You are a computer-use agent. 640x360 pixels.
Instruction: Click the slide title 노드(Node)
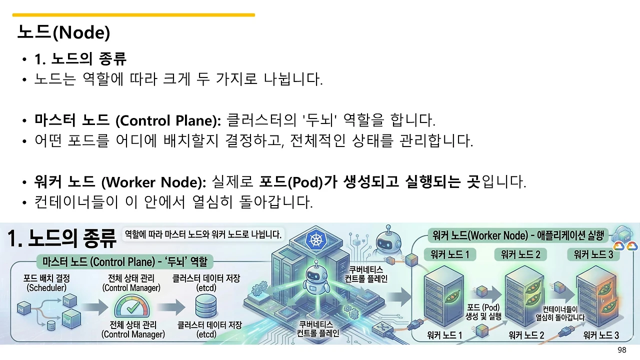click(x=63, y=32)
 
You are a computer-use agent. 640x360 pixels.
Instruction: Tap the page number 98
click(x=621, y=350)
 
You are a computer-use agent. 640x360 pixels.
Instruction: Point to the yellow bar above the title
click(x=133, y=15)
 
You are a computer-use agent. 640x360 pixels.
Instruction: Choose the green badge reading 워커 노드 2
click(x=520, y=254)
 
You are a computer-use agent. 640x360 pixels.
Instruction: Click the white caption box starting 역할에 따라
click(x=203, y=233)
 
